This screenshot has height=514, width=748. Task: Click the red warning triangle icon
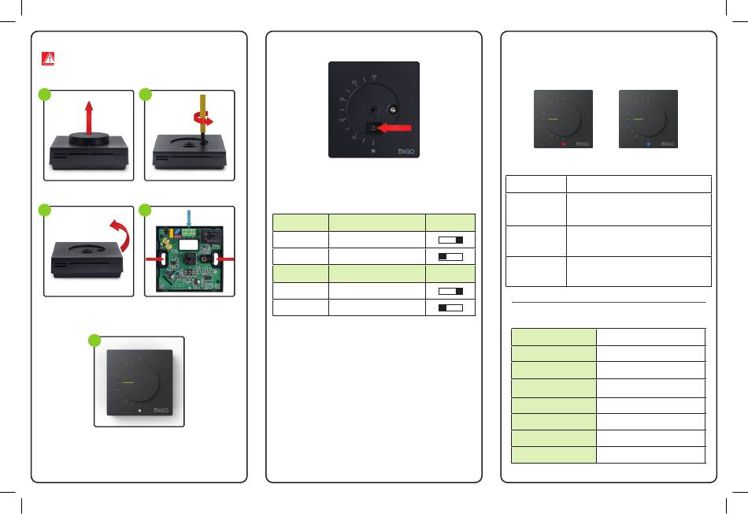(49, 58)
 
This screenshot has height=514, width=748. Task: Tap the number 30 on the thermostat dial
(373, 77)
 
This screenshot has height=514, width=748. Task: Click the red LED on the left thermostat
(563, 144)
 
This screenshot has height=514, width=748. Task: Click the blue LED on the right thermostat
(648, 144)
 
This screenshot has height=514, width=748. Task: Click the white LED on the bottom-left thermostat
(139, 411)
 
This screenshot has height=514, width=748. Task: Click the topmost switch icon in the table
(450, 239)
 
